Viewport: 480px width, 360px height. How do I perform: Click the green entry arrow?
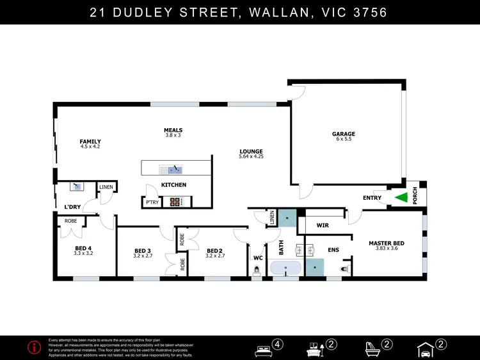[x=401, y=199]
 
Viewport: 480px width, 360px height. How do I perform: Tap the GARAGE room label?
[x=343, y=135]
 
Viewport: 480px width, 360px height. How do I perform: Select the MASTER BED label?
[x=386, y=243]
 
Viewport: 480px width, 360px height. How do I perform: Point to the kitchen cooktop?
[x=175, y=202]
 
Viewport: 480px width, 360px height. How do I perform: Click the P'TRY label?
[x=152, y=202]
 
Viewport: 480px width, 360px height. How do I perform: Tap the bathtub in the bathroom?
[x=285, y=268]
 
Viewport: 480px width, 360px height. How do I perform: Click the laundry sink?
[x=77, y=186]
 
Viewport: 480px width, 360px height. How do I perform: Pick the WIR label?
[x=322, y=225]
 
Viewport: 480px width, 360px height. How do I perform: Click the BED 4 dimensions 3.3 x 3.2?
[x=83, y=253]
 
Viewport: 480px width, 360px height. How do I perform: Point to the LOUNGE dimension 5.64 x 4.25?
[x=251, y=156]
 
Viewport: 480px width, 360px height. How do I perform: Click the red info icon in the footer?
[x=35, y=347]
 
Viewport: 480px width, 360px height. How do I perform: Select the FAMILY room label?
[x=90, y=142]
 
